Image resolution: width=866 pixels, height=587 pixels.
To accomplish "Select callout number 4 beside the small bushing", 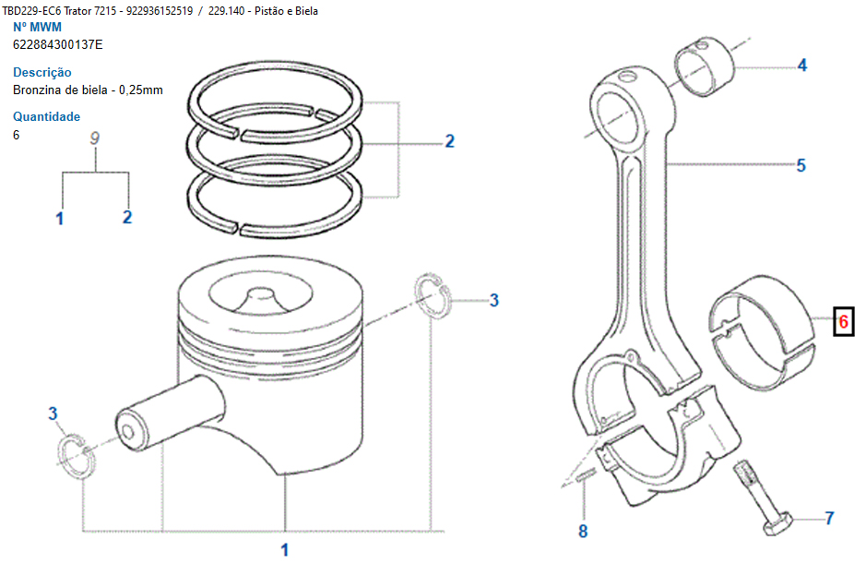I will tap(801, 66).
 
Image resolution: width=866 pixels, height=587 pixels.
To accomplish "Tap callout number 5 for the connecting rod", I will tap(801, 165).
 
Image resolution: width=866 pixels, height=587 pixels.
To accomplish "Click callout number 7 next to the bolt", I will tap(828, 519).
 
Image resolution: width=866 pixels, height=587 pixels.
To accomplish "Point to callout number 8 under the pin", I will tap(582, 531).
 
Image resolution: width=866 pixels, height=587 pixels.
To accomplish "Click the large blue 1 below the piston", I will tap(284, 551).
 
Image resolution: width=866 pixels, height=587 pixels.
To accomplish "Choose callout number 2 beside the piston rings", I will tap(449, 141).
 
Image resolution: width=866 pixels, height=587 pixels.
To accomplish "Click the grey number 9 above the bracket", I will tap(95, 138).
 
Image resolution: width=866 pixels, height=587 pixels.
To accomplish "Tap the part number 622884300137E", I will tap(58, 44).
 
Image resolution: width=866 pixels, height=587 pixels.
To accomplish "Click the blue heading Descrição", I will tap(42, 72).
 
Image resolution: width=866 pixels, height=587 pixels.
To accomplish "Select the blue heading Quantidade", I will tap(46, 116).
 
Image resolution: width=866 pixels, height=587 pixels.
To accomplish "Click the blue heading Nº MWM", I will tap(37, 27).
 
